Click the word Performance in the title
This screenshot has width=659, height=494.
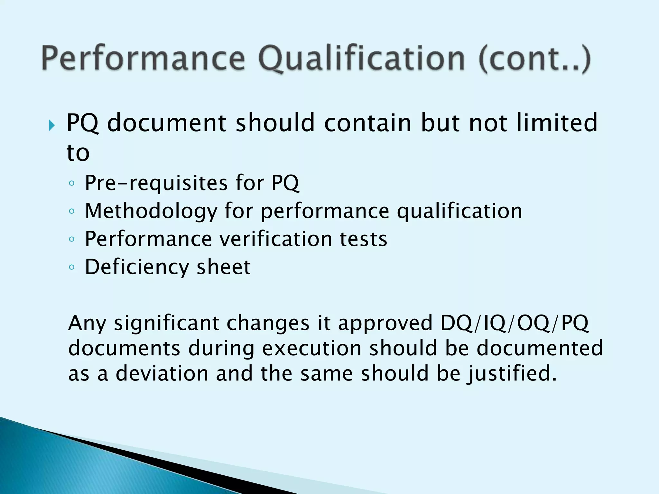pos(143,59)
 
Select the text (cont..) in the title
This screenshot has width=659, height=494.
pos(534,59)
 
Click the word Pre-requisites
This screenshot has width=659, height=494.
pos(156,183)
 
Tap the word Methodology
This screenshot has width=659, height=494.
pos(151,211)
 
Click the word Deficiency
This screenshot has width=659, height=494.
pos(137,267)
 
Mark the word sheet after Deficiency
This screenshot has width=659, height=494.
pos(223,267)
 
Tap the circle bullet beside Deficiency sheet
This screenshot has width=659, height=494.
pos(71,267)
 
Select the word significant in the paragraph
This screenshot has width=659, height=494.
pos(166,324)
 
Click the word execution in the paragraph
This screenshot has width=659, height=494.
pos(311,348)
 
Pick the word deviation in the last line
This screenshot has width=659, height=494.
pos(162,373)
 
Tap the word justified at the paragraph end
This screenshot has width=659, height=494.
pos(512,374)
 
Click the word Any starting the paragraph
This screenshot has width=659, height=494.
pos(87,324)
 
